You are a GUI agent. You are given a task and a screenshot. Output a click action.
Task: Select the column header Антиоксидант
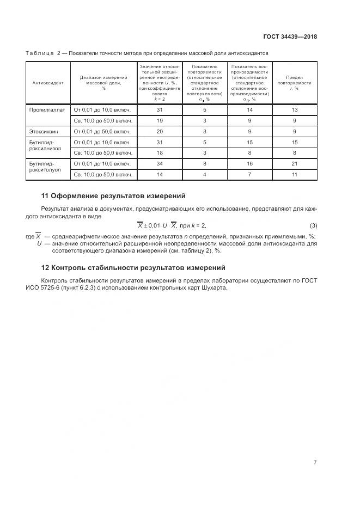tap(48, 83)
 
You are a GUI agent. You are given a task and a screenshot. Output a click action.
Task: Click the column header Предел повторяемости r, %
tap(294, 83)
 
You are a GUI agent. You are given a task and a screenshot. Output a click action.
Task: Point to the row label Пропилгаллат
tap(47, 110)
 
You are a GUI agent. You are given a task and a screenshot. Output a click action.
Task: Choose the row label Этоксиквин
tap(44, 131)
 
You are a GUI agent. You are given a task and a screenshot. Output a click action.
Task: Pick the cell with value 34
tap(160, 163)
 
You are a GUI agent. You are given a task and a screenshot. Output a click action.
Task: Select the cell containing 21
tap(295, 163)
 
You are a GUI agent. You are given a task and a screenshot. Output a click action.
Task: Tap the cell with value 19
tap(160, 120)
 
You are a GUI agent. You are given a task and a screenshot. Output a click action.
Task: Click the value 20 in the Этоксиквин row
tap(160, 131)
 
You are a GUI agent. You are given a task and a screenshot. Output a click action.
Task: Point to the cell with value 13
tap(295, 110)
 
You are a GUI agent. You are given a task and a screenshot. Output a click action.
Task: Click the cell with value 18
tap(160, 152)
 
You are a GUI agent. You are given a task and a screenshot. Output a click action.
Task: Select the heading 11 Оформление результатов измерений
tap(113, 195)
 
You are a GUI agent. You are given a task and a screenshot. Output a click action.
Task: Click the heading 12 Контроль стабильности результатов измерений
tap(133, 268)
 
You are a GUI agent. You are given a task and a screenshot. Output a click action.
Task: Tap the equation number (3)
tap(313, 225)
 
